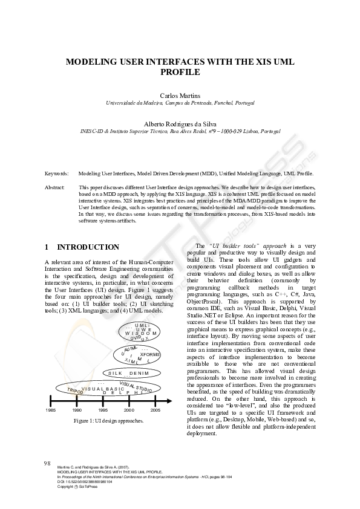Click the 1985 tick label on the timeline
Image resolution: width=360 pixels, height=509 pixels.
coord(50,410)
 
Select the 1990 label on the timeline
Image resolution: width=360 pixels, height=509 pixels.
coord(77,410)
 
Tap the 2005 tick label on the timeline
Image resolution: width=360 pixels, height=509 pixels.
coord(155,410)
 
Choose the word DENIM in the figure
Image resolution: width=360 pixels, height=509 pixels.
coord(139,373)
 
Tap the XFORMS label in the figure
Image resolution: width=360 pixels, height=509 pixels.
coord(149,354)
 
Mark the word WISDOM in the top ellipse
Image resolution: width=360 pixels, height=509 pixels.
coord(141,333)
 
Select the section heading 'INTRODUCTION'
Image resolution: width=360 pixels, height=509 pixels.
coord(88,247)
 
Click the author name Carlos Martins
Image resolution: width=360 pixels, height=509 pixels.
coord(180,96)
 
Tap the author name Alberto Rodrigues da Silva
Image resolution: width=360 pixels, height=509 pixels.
coord(180,123)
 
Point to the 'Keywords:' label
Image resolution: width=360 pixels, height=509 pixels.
coord(57,173)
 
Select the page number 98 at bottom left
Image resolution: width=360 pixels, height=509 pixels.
coord(47,463)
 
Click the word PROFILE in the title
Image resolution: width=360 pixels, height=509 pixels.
coord(180,71)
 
